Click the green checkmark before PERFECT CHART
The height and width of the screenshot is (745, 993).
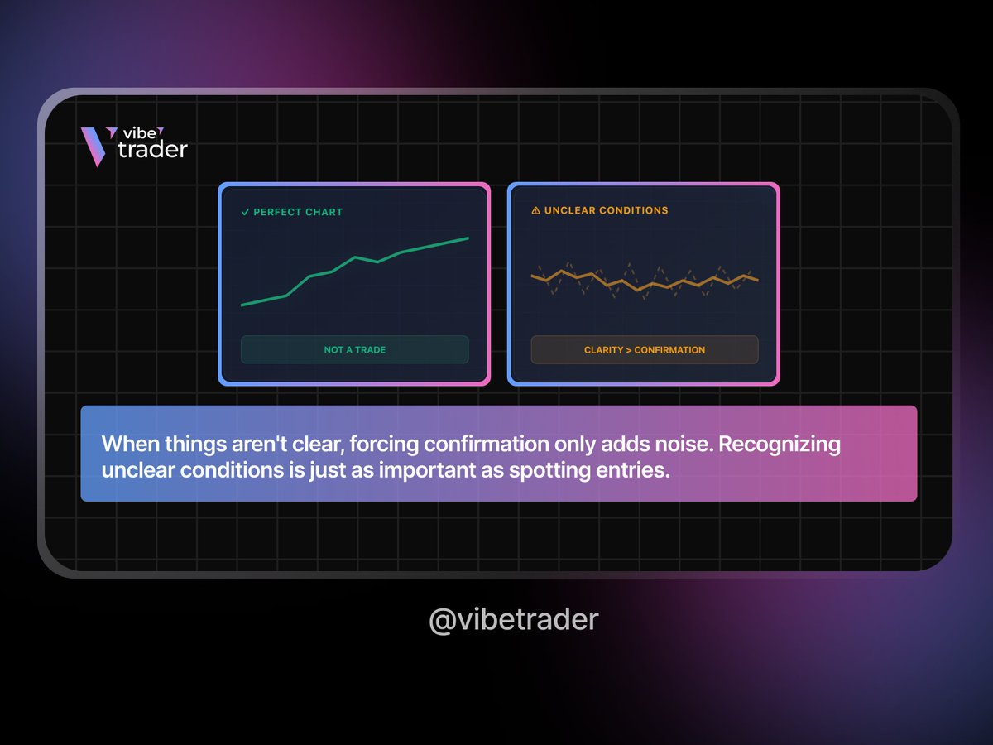(x=245, y=212)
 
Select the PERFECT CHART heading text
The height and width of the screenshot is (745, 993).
(x=298, y=212)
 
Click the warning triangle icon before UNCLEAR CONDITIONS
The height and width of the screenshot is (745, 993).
(x=535, y=210)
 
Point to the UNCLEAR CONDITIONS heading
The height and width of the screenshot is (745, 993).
(x=606, y=210)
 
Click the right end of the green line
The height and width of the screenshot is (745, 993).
(x=468, y=238)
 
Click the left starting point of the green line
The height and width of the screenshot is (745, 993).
(x=242, y=305)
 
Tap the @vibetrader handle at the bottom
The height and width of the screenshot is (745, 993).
(x=513, y=619)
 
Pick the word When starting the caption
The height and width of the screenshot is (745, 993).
(x=125, y=444)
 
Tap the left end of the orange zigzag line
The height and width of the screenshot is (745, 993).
(x=532, y=277)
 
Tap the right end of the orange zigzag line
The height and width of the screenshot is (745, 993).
(x=757, y=280)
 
